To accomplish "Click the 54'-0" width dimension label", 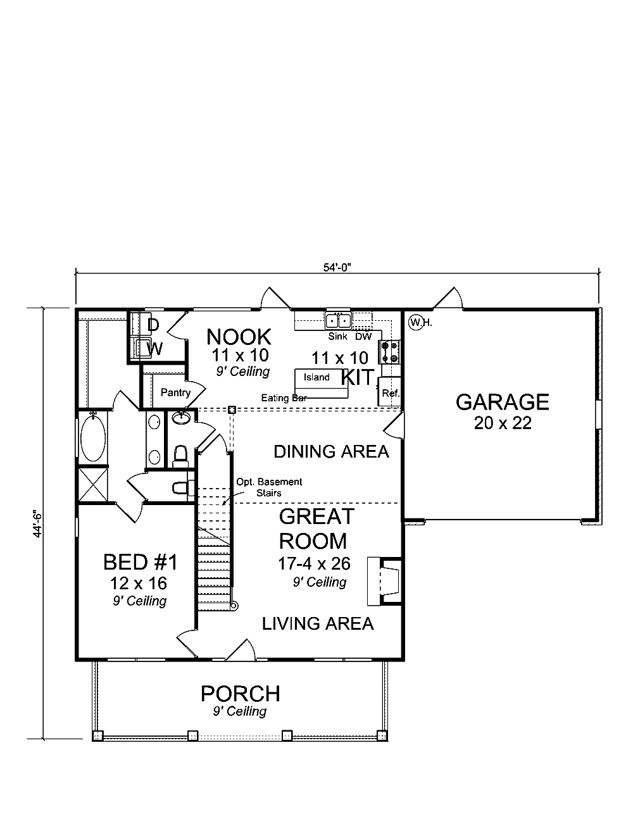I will point(337,267).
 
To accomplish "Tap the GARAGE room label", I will point(502,402).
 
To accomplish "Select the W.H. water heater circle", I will point(416,322).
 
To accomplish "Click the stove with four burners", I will point(389,352).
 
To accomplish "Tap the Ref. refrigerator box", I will point(389,393).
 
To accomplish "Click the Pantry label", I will point(175,392).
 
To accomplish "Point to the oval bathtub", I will point(94,437).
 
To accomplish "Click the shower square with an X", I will point(93,485).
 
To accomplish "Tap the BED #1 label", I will point(141,562).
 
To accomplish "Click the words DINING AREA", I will point(331,451).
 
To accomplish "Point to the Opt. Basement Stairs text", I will point(269,487).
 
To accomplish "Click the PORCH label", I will point(240,694).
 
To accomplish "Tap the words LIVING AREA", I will point(318,623).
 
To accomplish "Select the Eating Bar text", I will point(284,398).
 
